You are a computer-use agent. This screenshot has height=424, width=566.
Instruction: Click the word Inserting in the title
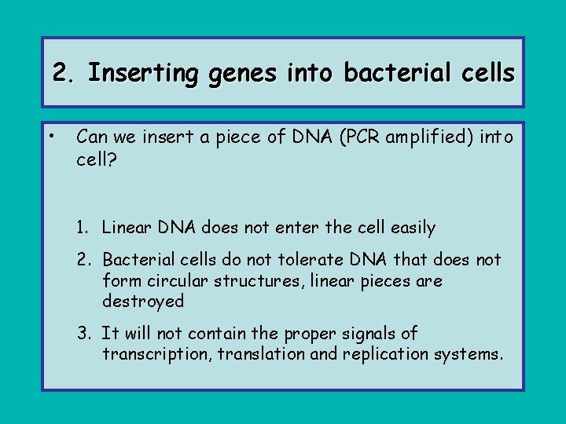tap(143, 74)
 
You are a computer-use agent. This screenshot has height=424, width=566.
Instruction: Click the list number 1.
tap(83, 228)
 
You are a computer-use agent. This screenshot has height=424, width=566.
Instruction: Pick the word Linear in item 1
tap(128, 228)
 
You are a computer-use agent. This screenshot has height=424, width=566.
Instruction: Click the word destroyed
tap(143, 302)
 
